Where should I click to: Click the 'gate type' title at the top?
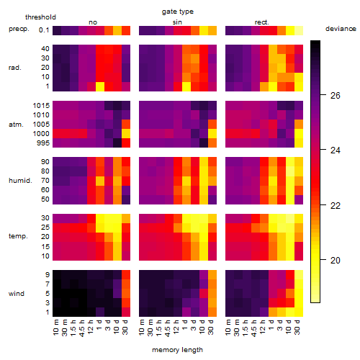(178, 12)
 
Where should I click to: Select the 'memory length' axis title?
(178, 350)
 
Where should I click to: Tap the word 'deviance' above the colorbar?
(341, 29)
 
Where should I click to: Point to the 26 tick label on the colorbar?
(336, 96)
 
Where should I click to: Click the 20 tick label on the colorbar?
(336, 261)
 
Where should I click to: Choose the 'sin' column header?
(177, 22)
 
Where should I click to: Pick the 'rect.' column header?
(262, 22)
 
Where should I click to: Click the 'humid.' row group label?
(20, 181)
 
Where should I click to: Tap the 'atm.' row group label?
(16, 125)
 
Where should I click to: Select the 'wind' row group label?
(17, 294)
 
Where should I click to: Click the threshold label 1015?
(41, 106)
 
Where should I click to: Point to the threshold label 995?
(43, 143)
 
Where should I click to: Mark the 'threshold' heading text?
(40, 17)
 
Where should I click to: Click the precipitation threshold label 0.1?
(44, 30)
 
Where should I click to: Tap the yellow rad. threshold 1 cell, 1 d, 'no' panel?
(100, 86)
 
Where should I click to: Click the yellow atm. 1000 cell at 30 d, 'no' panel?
(126, 134)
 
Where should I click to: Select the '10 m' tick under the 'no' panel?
(56, 328)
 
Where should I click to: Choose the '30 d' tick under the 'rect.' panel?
(297, 328)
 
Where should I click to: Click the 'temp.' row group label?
(18, 236)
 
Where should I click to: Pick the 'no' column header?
(93, 22)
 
